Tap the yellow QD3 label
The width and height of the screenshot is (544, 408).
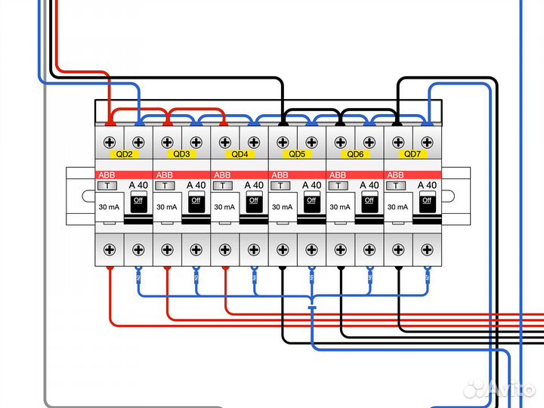pyautogui.click(x=181, y=154)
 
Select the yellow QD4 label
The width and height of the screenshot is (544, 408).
pyautogui.click(x=239, y=154)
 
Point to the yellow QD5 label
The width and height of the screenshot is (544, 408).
pyautogui.click(x=297, y=154)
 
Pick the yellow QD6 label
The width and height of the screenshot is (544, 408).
pyautogui.click(x=354, y=154)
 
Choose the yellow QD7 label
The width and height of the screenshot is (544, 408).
pyautogui.click(x=412, y=154)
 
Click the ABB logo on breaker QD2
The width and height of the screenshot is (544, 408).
pyautogui.click(x=106, y=175)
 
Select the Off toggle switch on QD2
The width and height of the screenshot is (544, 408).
pyautogui.click(x=138, y=200)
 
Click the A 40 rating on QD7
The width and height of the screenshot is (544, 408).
pyautogui.click(x=427, y=185)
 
